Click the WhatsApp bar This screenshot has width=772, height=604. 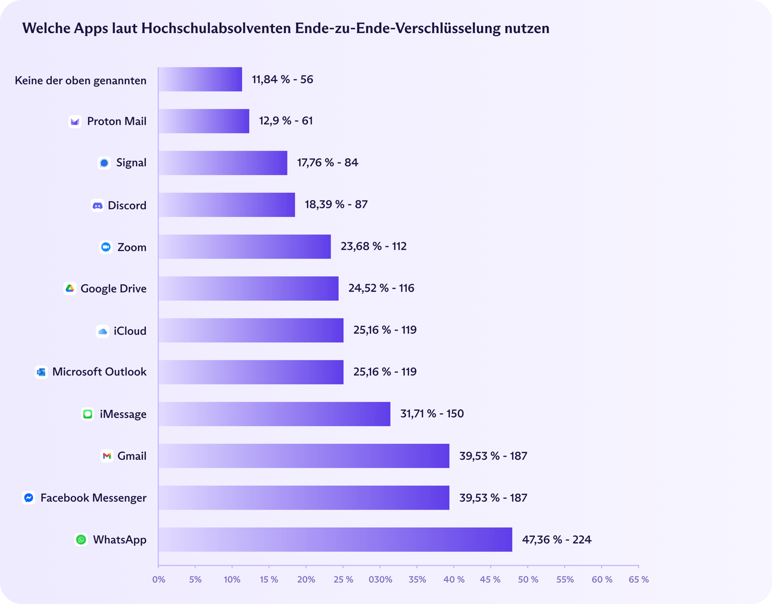pos(335,539)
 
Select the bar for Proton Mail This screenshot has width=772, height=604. pos(204,121)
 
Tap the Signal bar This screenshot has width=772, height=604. pos(223,163)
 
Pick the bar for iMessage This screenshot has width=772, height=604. pos(274,414)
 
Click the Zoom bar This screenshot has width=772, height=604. pos(244,247)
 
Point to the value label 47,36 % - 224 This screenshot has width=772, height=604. pos(556,540)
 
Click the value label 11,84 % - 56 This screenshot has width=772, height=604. pos(282,79)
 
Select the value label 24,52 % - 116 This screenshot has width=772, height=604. pos(381,288)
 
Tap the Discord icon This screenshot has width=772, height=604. pos(98,205)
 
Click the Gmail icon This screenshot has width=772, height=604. pos(107,456)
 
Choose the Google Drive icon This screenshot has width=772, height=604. pos(70,289)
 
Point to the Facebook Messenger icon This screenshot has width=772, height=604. pos(29,498)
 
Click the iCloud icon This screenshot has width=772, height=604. pos(103,331)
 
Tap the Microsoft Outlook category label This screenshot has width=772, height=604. pos(99,372)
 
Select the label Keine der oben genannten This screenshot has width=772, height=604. pos(80,80)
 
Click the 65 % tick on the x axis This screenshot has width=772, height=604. pos(638,579)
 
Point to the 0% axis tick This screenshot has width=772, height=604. pos(158,579)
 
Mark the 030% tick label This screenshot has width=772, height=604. pos(380,579)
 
